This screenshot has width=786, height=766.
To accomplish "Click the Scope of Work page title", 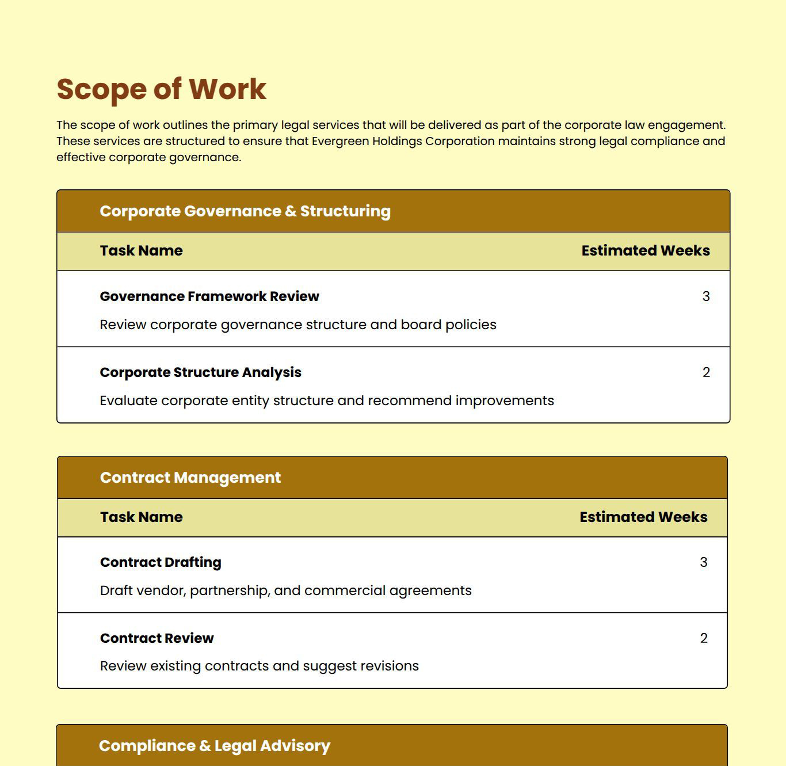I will pos(161,89).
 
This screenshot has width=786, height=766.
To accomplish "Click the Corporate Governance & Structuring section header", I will pos(245,211).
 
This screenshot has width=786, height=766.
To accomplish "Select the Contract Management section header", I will pos(190,478).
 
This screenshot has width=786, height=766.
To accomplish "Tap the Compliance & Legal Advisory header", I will pos(215,746).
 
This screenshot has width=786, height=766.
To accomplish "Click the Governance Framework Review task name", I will pos(209,296).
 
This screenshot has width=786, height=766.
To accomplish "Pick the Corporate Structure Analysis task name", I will pos(200,372).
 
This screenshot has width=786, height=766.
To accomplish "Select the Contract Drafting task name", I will pos(161,562).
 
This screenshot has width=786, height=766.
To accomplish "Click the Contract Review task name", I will pos(157,638).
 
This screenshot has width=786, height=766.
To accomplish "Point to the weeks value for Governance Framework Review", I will pos(706,296).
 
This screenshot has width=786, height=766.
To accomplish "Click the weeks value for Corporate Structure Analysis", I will pos(706,372).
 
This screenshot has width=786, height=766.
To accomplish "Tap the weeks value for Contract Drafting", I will pos(703,562).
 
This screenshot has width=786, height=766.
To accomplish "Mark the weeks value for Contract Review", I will pos(703,638).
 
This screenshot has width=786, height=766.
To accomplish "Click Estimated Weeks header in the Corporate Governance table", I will pos(645,251).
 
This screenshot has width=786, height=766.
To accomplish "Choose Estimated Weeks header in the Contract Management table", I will pos(643,517).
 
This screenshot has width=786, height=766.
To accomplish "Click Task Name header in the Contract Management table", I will pos(141,517).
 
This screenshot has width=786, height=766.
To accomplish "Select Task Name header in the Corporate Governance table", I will pos(141,251).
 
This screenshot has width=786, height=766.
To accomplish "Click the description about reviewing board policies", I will pos(298,325).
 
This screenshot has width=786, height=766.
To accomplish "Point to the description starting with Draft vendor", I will pos(285,590).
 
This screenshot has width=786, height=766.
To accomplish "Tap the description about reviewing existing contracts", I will pos(260,666).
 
